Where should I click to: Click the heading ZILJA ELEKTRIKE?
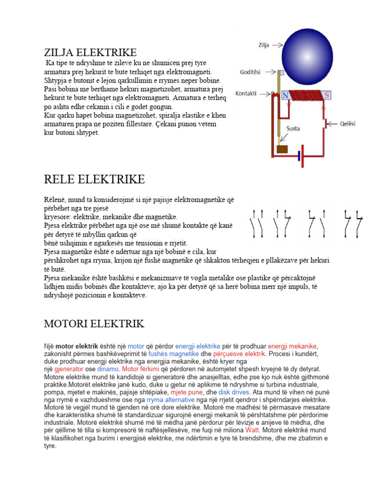click(90, 52)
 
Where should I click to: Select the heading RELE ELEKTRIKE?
click(94, 179)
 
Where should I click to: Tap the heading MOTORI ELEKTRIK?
click(94, 324)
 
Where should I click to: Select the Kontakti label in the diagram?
click(247, 93)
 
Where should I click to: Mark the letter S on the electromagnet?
click(327, 95)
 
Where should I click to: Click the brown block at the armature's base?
click(282, 149)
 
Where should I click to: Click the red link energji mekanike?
click(292, 346)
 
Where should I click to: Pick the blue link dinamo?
click(108, 369)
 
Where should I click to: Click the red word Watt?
click(251, 430)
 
